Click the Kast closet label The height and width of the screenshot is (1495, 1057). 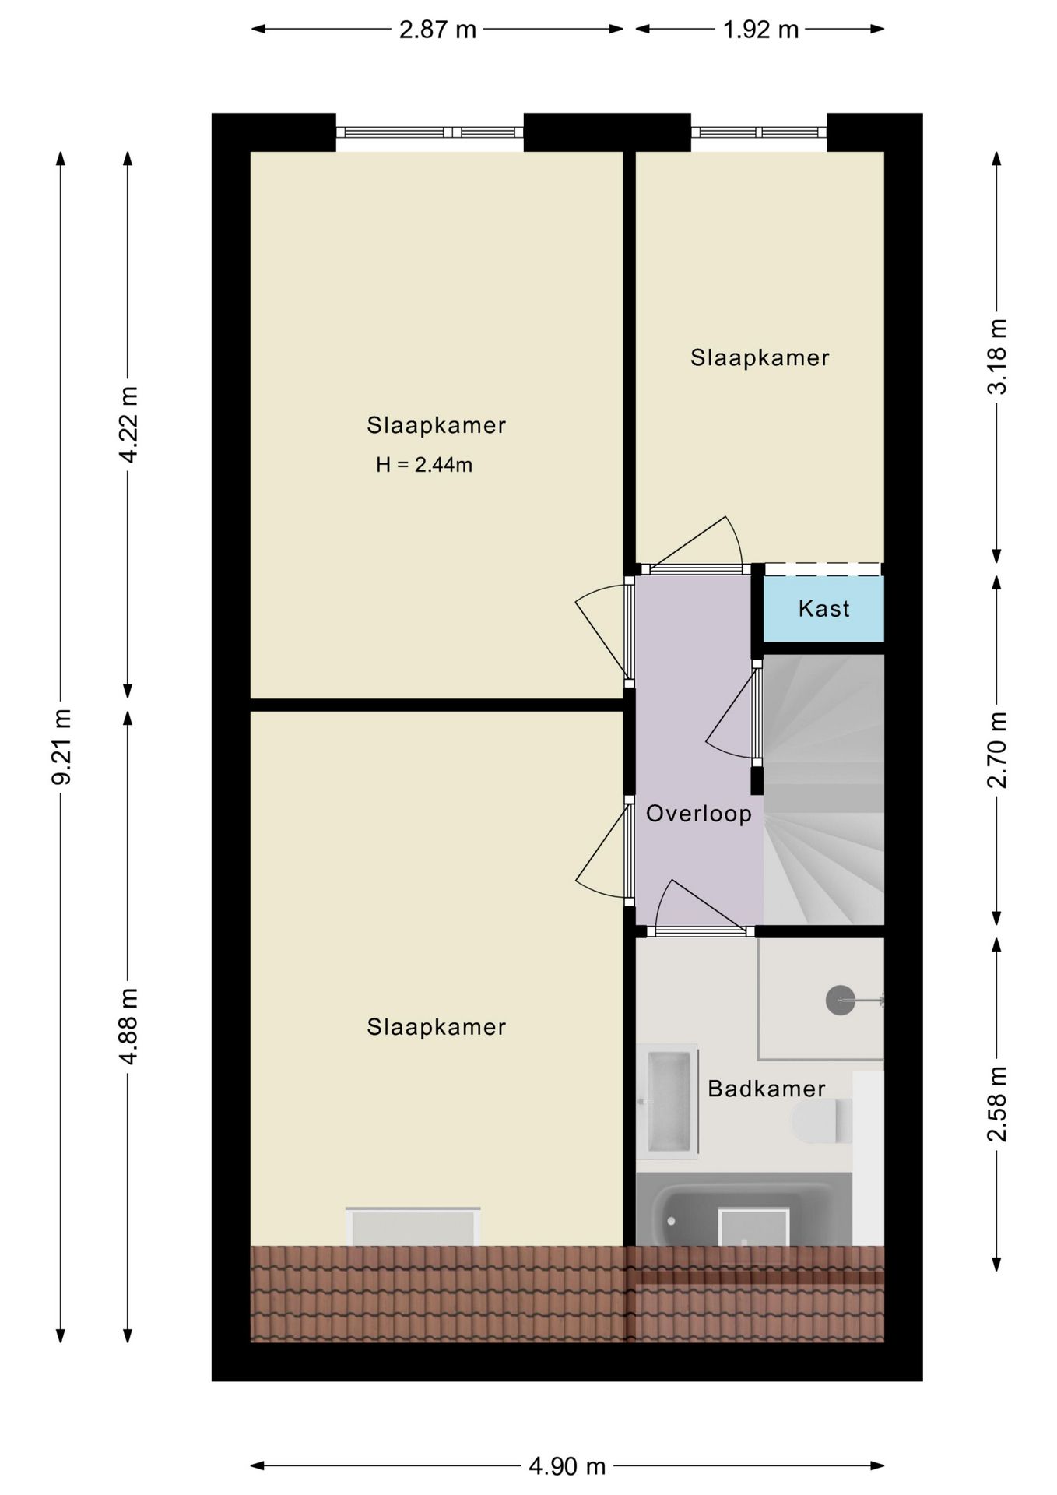coord(823,609)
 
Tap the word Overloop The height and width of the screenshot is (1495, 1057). coord(699,814)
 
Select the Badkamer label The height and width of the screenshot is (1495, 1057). coord(766,1089)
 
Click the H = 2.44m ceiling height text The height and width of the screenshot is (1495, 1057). coord(424,466)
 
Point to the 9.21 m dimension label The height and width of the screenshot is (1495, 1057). coord(61,747)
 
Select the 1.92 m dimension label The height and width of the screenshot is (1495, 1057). coord(760,30)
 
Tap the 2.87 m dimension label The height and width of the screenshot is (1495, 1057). coord(437,30)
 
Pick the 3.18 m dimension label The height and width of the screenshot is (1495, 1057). coord(997,357)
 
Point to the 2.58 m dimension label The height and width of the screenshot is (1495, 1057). coord(997,1103)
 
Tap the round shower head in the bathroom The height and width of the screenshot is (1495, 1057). coord(840,999)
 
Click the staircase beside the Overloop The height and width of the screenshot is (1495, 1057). coord(823,789)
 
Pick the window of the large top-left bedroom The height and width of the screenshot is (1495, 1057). coord(430,132)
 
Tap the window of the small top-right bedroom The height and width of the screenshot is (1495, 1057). coord(759,132)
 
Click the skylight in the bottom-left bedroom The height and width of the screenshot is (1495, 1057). coord(413,1227)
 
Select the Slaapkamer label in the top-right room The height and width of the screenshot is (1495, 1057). coord(760,358)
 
